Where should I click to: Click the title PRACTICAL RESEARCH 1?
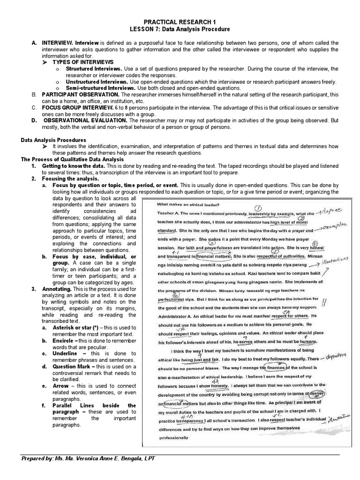pyautogui.click(x=180, y=22)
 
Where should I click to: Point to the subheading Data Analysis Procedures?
pyautogui.click(x=54, y=140)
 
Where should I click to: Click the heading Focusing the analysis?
pyautogui.click(x=70, y=179)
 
